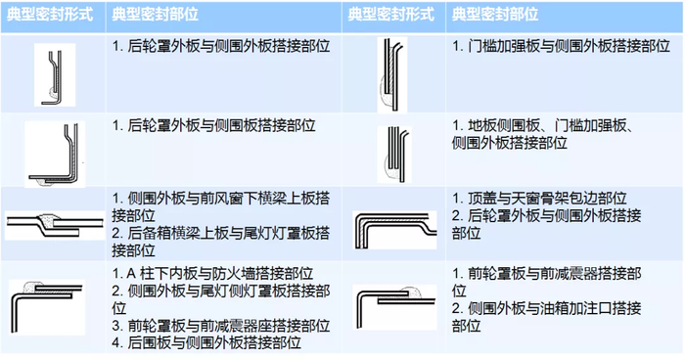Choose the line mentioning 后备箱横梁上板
220,233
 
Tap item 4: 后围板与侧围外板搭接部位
206,342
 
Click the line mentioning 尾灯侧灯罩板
220,291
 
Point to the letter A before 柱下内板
131,274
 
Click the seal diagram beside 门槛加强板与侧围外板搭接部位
392,74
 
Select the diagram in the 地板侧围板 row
394,155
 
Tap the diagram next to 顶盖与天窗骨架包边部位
395,230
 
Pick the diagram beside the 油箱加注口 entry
395,307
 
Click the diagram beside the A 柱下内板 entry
47,307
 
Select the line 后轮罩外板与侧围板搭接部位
213,126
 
